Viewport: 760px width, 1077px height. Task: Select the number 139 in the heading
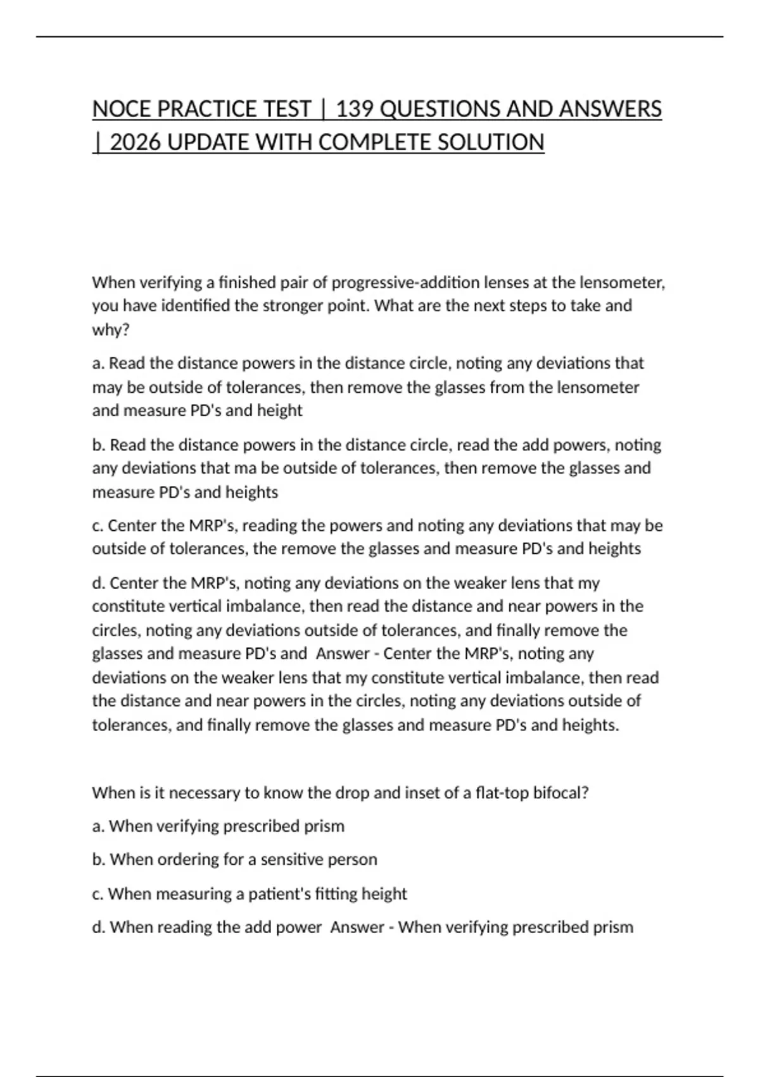coord(355,110)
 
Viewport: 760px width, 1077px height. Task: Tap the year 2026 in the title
coord(136,143)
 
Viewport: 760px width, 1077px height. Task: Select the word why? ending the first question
coord(111,329)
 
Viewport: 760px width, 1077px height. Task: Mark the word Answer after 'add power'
coord(357,927)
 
